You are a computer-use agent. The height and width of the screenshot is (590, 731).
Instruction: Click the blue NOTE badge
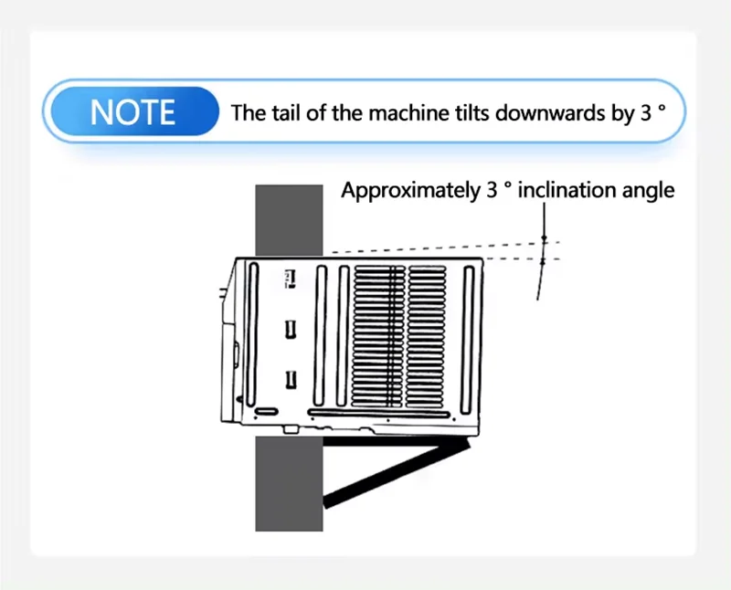134,111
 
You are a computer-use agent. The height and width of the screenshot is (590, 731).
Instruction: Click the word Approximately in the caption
410,191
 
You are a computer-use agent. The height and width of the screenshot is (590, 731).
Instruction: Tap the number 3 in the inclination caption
492,190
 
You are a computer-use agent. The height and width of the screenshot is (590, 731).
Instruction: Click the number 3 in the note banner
646,112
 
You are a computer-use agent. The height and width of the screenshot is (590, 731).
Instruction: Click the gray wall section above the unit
289,220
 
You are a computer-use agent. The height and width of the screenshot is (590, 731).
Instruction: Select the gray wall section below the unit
289,483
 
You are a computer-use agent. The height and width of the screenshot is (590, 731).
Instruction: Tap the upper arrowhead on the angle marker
544,238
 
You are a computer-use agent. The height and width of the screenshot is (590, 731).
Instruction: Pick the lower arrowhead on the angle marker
542,262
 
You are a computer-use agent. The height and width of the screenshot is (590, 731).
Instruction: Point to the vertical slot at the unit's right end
468,340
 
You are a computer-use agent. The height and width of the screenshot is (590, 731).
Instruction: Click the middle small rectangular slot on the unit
291,329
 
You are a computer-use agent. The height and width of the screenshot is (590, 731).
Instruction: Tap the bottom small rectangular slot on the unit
291,379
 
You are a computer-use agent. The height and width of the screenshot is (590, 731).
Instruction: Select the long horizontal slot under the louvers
379,414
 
